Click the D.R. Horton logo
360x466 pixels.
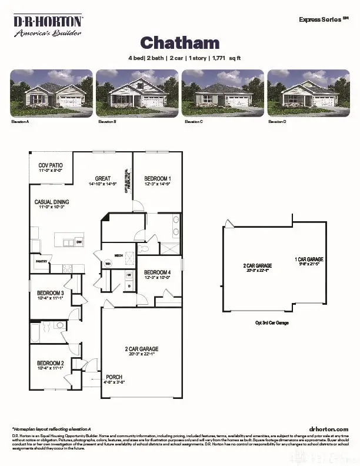(x=48, y=26)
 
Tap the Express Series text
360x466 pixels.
(x=321, y=19)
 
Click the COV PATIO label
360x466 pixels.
(x=51, y=166)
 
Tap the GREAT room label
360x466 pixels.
(x=104, y=179)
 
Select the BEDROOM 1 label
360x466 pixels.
(x=158, y=178)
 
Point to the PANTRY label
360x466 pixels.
(x=41, y=261)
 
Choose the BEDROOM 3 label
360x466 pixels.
(x=51, y=292)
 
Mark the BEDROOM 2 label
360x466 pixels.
(x=51, y=363)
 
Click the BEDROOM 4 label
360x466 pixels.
(x=158, y=272)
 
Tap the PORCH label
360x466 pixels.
(x=115, y=377)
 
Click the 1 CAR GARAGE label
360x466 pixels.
(x=309, y=259)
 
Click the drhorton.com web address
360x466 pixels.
(x=328, y=430)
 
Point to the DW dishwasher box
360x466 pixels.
(x=79, y=242)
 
